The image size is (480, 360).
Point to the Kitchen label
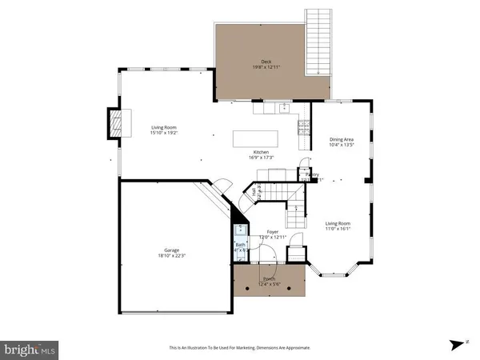click(x=261, y=152)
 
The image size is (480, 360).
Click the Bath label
click(x=240, y=245)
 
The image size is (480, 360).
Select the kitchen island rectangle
click(x=257, y=138)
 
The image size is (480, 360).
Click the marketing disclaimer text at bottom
click(x=239, y=348)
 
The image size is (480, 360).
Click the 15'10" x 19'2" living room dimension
click(x=165, y=133)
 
